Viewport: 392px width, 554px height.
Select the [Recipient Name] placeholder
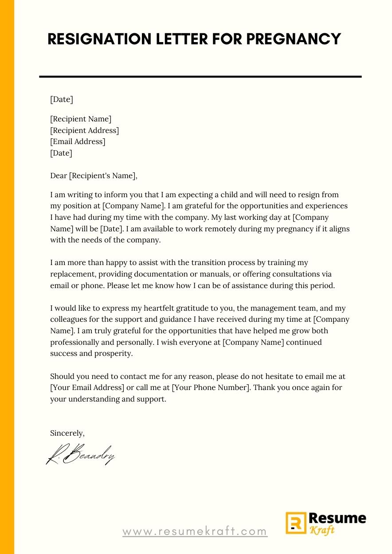[81, 119]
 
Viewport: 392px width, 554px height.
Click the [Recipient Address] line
[84, 130]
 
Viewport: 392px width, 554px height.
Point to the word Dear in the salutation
[59, 176]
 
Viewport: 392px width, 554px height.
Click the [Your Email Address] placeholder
[87, 388]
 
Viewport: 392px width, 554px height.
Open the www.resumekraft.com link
[195, 531]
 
